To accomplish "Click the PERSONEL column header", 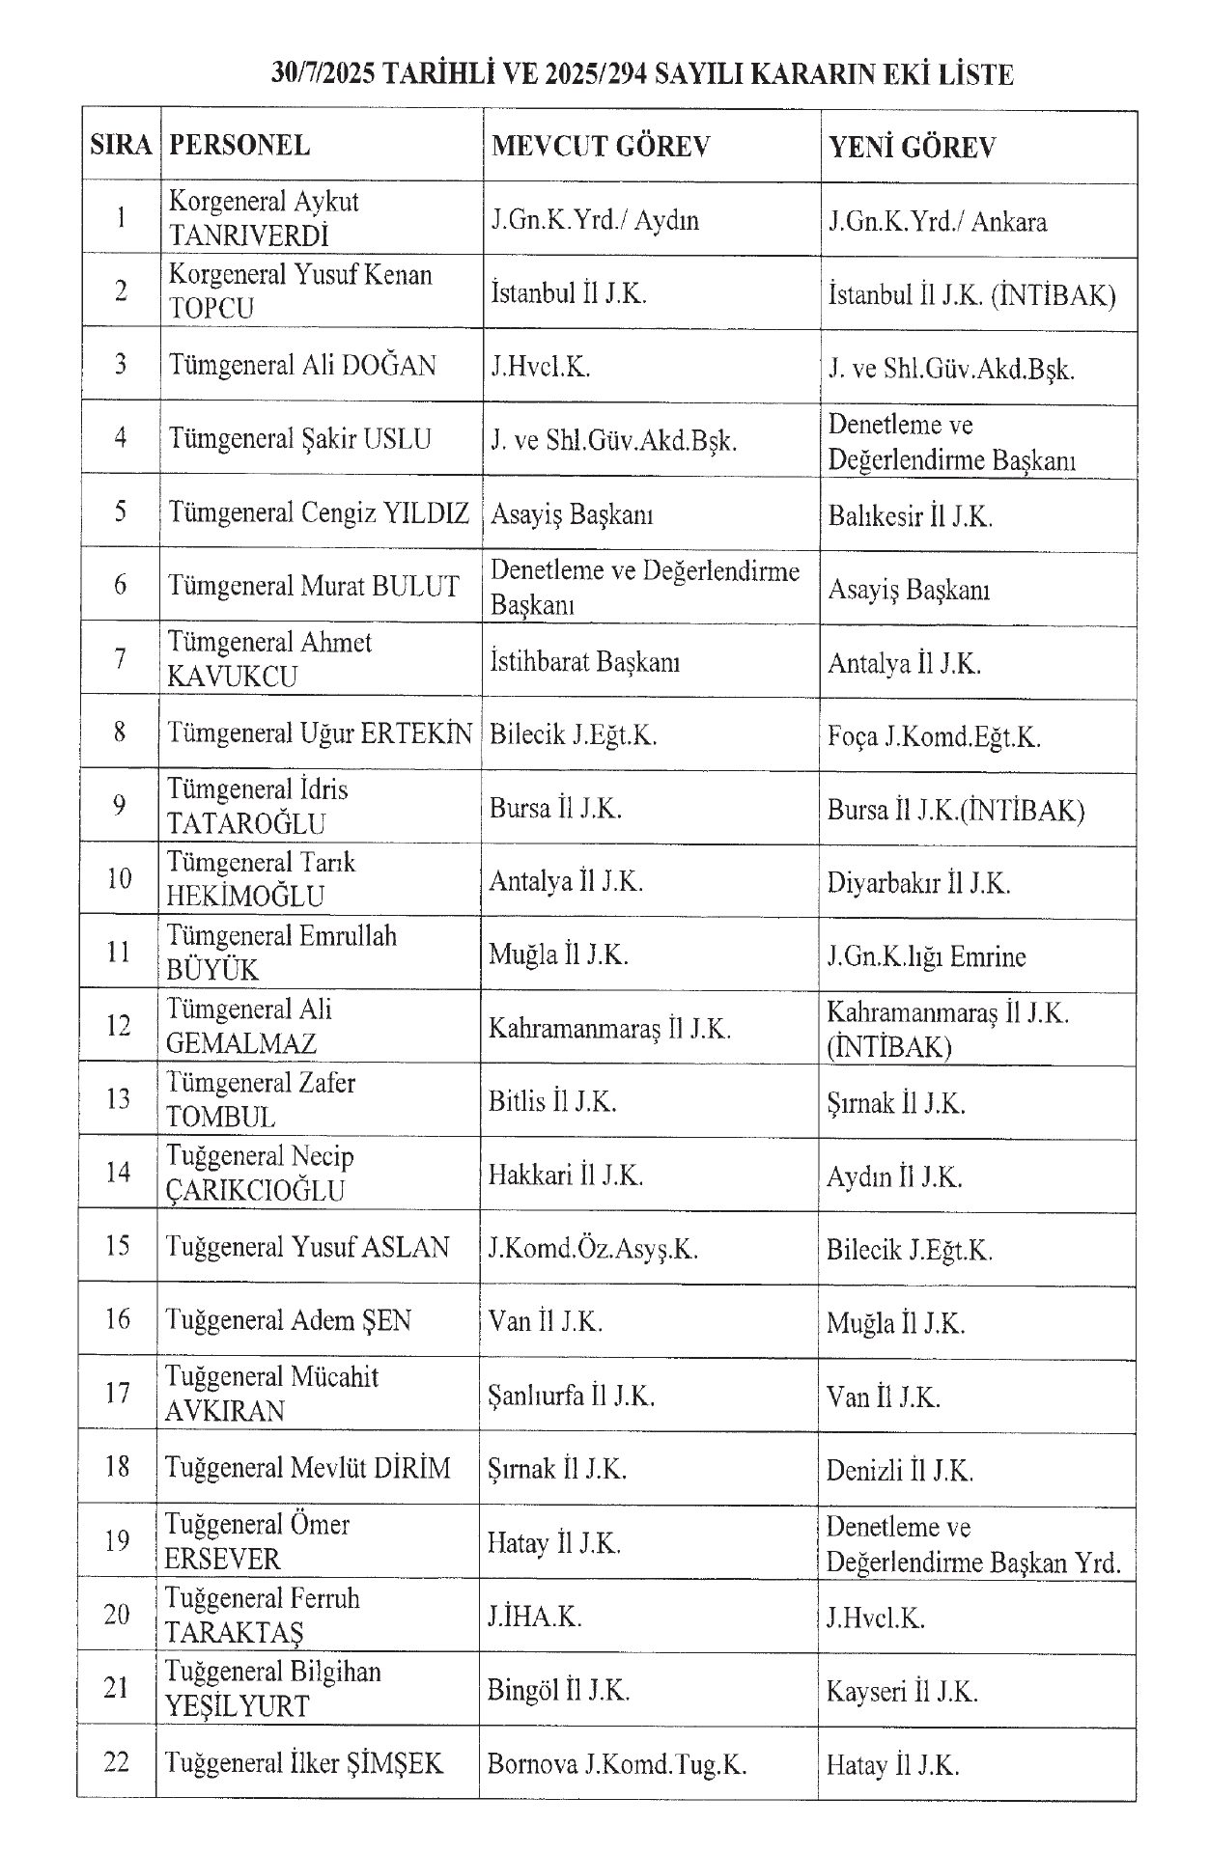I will coord(239,146).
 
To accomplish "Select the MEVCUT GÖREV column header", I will coord(601,146).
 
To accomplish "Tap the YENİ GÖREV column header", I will coord(912,148).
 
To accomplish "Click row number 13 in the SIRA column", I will coord(118,1099).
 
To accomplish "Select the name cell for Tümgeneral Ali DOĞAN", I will coord(302,366).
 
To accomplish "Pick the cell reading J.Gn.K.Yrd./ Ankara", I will coord(937,222).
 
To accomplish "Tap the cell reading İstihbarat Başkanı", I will coord(584,662).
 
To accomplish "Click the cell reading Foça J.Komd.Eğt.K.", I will coord(933,737).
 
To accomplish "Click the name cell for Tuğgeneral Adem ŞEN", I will coord(288,1320).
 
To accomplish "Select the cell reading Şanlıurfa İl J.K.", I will coord(572,1396).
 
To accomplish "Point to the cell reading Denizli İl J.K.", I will coord(899,1471).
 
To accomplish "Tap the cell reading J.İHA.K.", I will coord(535,1617).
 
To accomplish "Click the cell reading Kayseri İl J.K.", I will coord(902,1692).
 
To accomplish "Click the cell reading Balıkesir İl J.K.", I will coord(910,516).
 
